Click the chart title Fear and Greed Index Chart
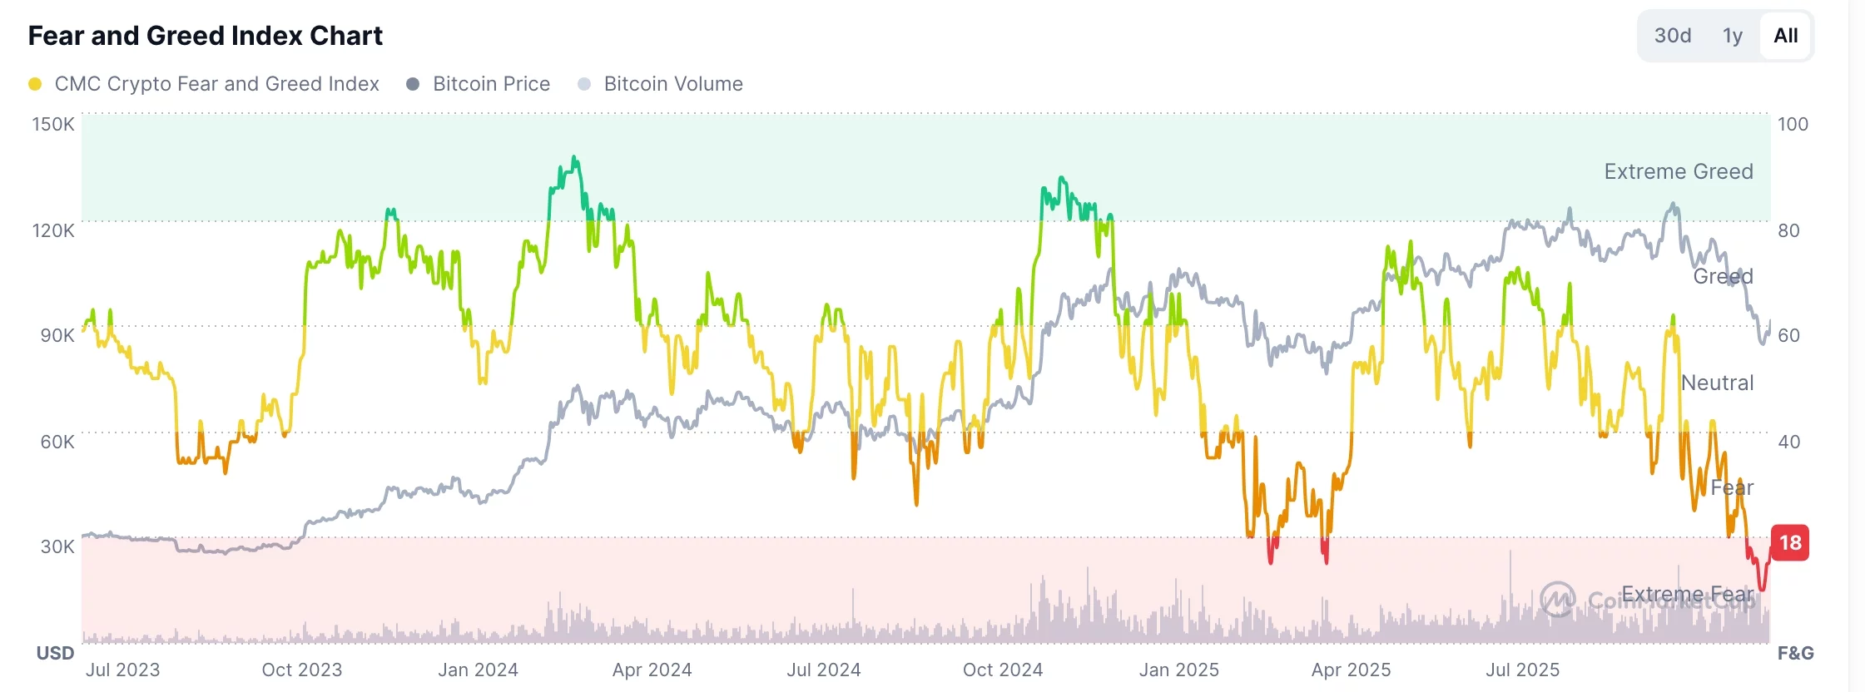point(205,36)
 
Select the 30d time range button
point(1672,36)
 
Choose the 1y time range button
point(1732,36)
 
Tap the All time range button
point(1785,36)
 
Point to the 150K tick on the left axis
point(53,124)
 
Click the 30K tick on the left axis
point(57,546)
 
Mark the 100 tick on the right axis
point(1793,124)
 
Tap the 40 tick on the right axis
point(1788,442)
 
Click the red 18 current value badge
point(1790,543)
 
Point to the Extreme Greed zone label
point(1678,171)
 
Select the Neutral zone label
point(1717,383)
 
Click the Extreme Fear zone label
point(1687,594)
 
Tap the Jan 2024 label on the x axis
point(478,670)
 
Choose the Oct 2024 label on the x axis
point(1002,670)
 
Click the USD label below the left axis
point(55,653)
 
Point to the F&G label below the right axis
point(1795,653)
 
